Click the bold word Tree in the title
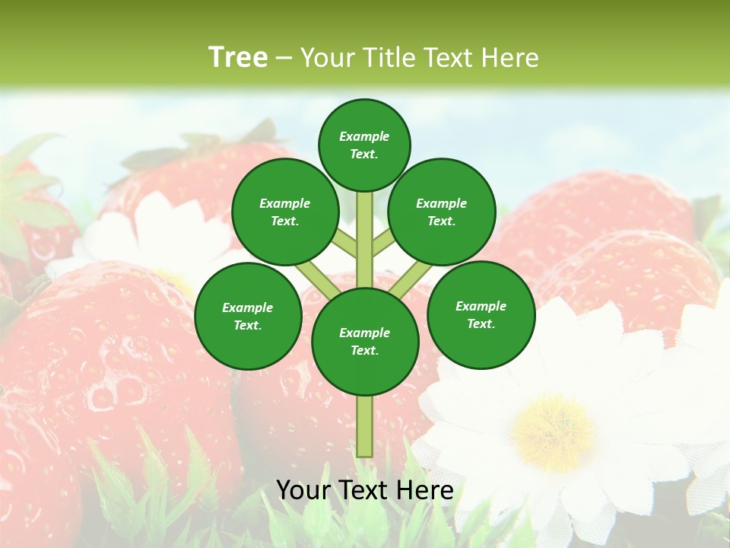[238, 58]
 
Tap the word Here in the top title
[511, 58]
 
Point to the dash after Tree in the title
[284, 59]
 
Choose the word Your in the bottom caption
[303, 490]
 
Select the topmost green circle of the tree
[364, 145]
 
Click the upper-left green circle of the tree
[284, 212]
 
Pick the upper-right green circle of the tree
[442, 212]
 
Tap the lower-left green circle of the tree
[248, 316]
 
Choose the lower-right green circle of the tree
[481, 314]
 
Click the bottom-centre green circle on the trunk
[365, 341]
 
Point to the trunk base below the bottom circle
[365, 426]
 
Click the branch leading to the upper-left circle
[344, 243]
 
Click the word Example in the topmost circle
[364, 136]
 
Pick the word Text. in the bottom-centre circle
[364, 350]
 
